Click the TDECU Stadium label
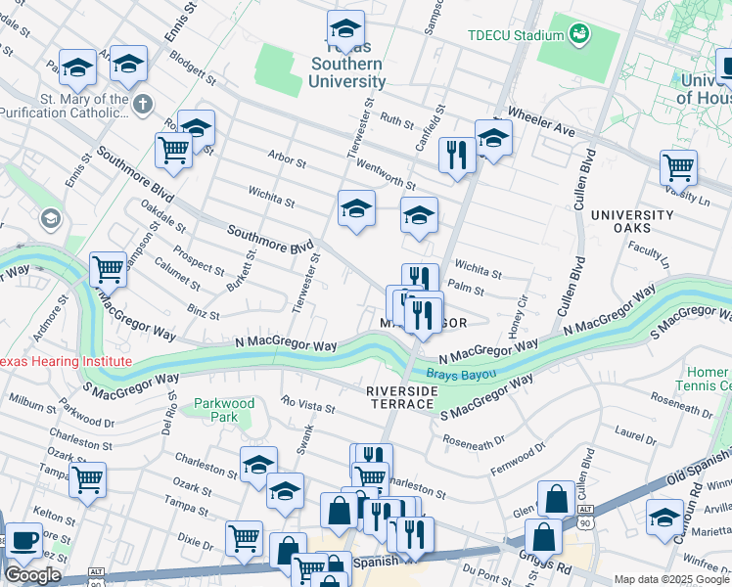click(516, 35)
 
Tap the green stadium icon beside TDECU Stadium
click(579, 34)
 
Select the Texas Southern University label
click(346, 65)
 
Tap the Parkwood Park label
click(224, 410)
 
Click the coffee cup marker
click(23, 541)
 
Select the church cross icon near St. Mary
click(144, 102)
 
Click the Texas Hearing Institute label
click(65, 362)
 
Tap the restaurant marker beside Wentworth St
click(457, 155)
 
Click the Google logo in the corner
click(32, 575)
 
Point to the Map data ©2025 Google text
click(670, 579)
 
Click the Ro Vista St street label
click(307, 402)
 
